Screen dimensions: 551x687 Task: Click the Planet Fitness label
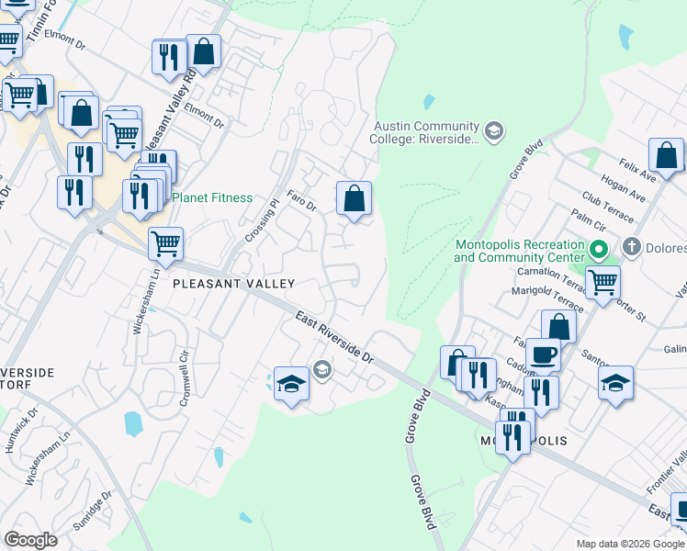click(x=212, y=197)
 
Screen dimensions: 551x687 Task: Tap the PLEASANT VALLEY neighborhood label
click(x=234, y=285)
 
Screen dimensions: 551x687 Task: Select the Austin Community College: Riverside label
click(x=427, y=132)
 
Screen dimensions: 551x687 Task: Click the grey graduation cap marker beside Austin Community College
click(x=494, y=131)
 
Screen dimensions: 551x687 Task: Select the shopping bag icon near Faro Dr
click(x=354, y=197)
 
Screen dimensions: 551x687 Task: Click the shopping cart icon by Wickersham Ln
click(x=165, y=243)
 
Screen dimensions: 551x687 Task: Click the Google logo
click(x=31, y=539)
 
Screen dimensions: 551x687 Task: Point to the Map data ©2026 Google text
click(x=629, y=544)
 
